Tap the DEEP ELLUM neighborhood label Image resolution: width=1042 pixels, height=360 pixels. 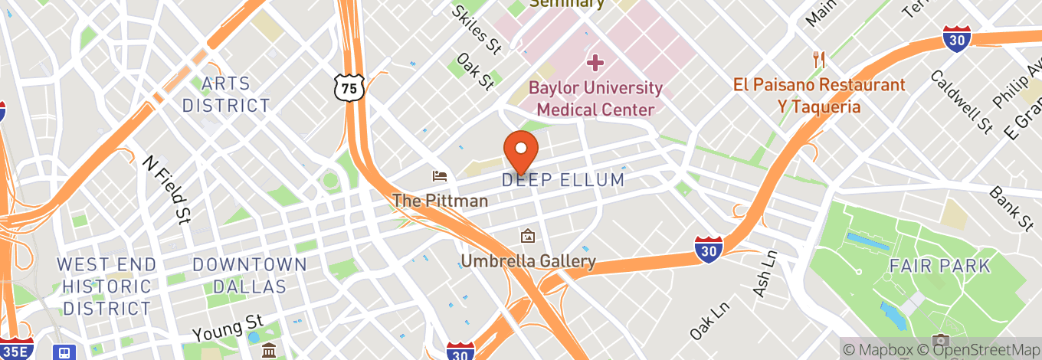tap(563, 181)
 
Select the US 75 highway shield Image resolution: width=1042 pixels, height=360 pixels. tap(349, 88)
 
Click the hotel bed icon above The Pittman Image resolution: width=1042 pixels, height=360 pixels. tap(440, 177)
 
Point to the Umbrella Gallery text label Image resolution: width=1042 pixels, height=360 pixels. tap(528, 261)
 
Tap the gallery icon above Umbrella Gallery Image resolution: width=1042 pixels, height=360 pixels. tap(527, 237)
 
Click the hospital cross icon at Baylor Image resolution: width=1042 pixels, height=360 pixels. tap(595, 62)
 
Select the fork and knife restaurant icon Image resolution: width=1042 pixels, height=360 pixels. tap(819, 60)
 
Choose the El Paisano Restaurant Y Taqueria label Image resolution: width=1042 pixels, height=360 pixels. tap(819, 96)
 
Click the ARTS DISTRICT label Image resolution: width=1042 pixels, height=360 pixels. tap(226, 94)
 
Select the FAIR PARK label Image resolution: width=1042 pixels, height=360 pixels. tap(939, 267)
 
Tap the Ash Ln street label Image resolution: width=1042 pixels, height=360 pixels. tap(765, 274)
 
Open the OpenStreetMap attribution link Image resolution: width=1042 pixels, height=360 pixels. tap(986, 349)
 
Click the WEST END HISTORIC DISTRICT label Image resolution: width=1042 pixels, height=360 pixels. tap(106, 286)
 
